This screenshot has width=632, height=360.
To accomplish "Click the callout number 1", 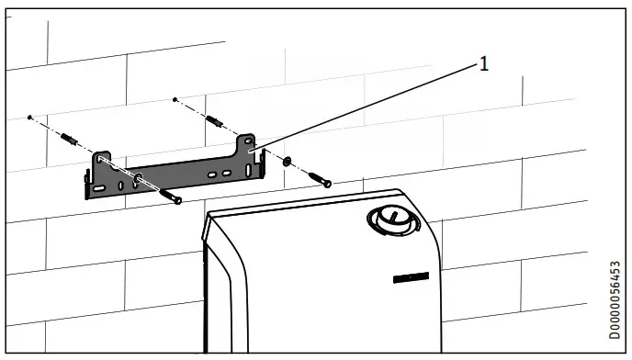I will pos(484,63).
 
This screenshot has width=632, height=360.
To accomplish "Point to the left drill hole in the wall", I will pos(30,118).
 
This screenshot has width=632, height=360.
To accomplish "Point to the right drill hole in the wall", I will pos(175,98).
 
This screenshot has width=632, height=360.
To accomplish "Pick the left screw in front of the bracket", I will pos(169,194).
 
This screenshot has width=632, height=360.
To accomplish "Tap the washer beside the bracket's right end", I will pos(287,162).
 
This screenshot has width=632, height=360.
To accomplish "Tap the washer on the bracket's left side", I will pos(137,178).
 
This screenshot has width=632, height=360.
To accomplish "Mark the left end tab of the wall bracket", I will pos(89,188).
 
